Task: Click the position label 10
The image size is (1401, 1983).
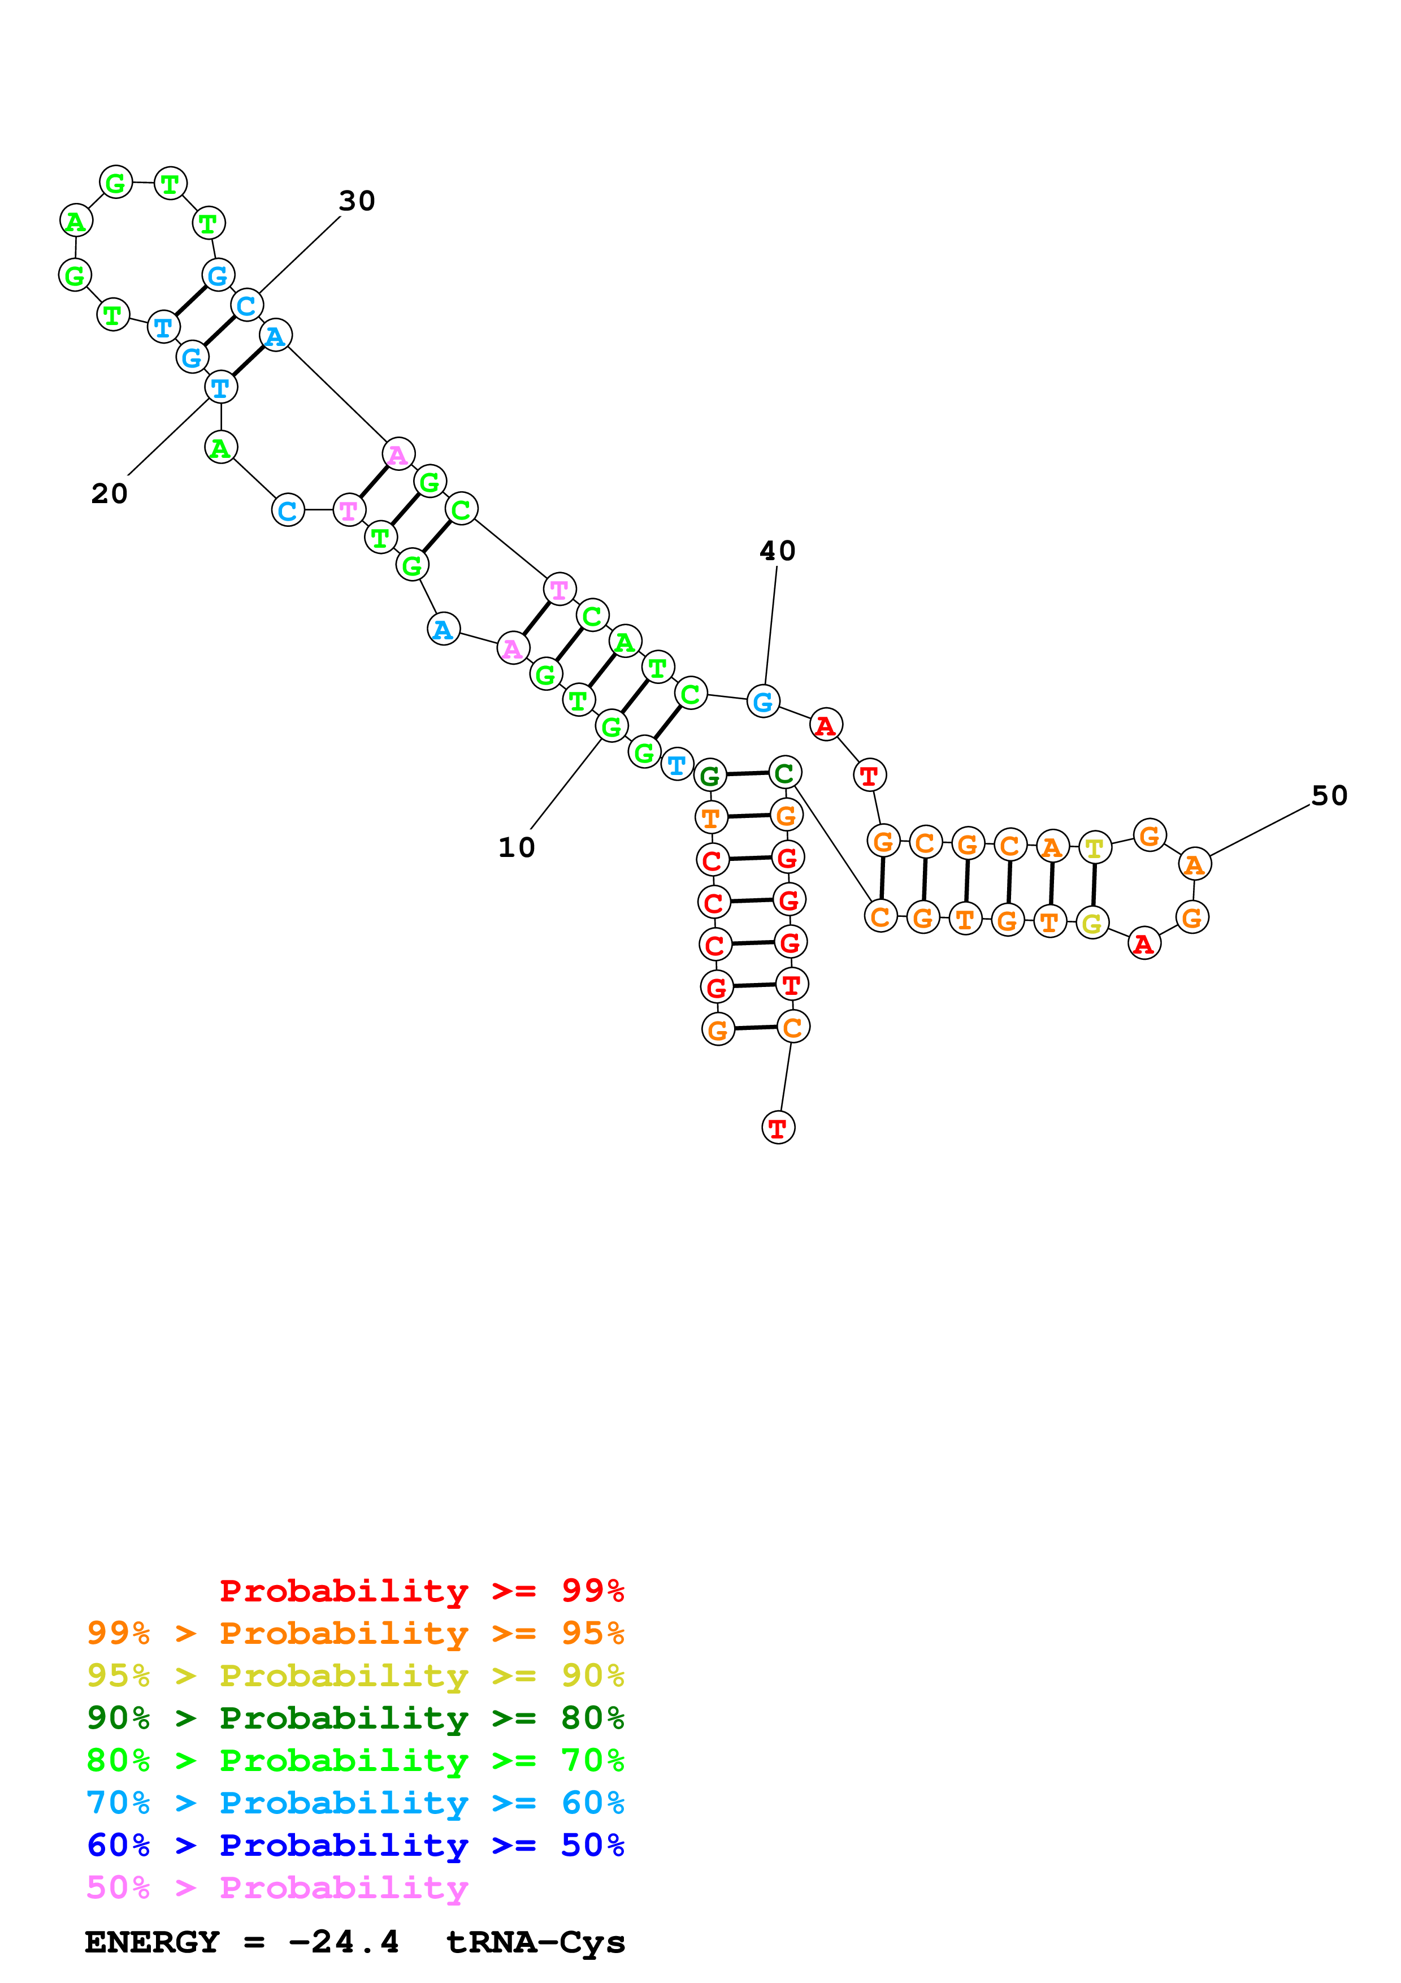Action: click(x=516, y=847)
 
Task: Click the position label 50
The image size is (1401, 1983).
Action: click(x=1329, y=795)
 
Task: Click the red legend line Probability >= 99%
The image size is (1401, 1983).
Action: click(x=421, y=1590)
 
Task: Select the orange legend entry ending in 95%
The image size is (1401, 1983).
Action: click(x=355, y=1633)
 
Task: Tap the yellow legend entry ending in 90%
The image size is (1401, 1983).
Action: click(x=355, y=1675)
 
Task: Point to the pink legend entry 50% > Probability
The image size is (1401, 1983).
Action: click(x=277, y=1886)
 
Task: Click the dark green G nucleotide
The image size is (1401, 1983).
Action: click(x=710, y=775)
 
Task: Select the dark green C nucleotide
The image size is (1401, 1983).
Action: click(x=784, y=772)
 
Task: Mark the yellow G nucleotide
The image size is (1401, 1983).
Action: click(x=1092, y=923)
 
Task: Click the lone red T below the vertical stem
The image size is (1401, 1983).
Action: click(x=778, y=1127)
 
